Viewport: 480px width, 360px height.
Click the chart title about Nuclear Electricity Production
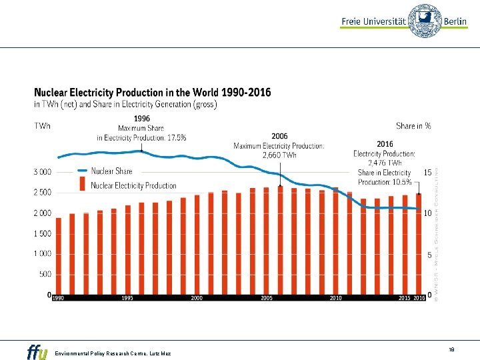(x=153, y=93)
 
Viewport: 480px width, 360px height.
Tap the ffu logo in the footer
(x=37, y=351)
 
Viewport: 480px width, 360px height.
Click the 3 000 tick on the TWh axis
(x=42, y=172)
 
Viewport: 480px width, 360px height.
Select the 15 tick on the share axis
(x=429, y=172)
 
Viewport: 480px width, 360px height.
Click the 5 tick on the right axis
(x=429, y=255)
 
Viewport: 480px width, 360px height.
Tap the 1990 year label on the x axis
(x=59, y=298)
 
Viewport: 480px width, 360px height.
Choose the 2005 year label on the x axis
(x=267, y=298)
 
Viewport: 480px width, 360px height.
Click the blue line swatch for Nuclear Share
(x=82, y=171)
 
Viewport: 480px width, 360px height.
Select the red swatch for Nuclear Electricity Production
(x=82, y=183)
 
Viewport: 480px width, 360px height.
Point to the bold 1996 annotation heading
(x=142, y=118)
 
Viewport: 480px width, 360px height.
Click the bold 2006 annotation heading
(x=279, y=136)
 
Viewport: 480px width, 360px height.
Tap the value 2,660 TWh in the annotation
(x=279, y=155)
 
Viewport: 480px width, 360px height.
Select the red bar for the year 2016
(x=419, y=243)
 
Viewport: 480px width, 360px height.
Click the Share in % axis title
(x=413, y=125)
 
